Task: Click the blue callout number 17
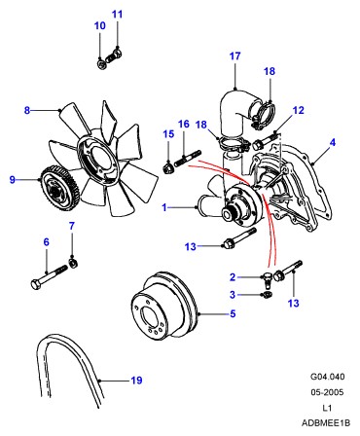(234, 56)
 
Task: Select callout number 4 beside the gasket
(333, 142)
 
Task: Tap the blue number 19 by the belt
(136, 380)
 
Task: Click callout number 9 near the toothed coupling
(13, 179)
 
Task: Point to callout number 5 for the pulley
(233, 313)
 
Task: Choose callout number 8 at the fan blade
(27, 110)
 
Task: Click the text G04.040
(328, 377)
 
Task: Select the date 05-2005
(327, 392)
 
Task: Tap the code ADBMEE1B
(326, 423)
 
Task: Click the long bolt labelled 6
(49, 276)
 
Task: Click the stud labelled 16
(188, 159)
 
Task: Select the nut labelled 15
(167, 168)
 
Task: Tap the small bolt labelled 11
(114, 56)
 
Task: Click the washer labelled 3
(267, 295)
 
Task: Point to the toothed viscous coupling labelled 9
(59, 188)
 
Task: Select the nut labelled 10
(101, 64)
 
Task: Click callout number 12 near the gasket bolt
(298, 110)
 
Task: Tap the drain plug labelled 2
(267, 280)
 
